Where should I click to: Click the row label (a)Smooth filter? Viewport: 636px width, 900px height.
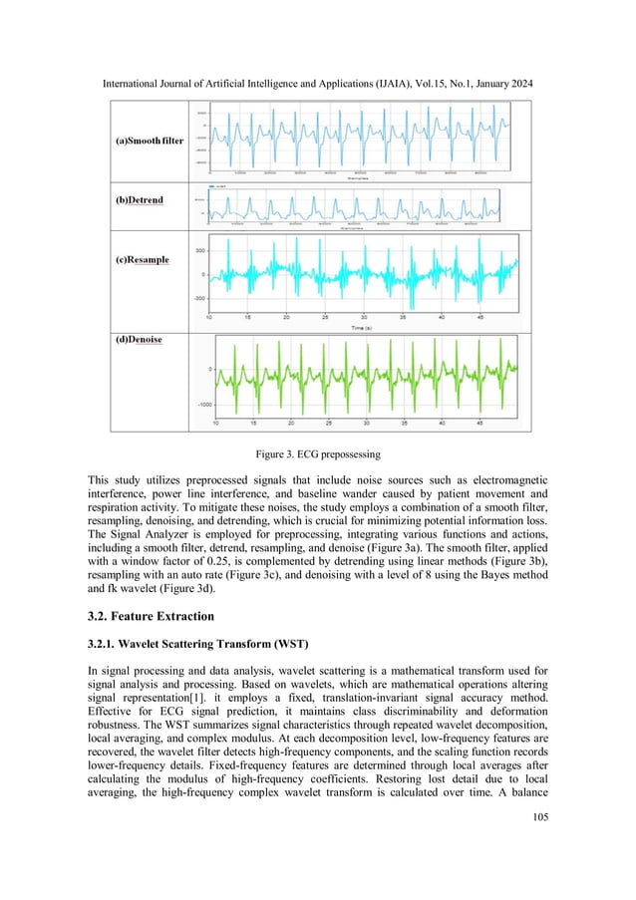click(147, 142)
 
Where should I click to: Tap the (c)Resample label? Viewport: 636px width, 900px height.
click(139, 260)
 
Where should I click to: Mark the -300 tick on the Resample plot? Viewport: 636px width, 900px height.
click(198, 298)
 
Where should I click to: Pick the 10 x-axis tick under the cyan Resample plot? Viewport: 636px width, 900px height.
click(209, 316)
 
